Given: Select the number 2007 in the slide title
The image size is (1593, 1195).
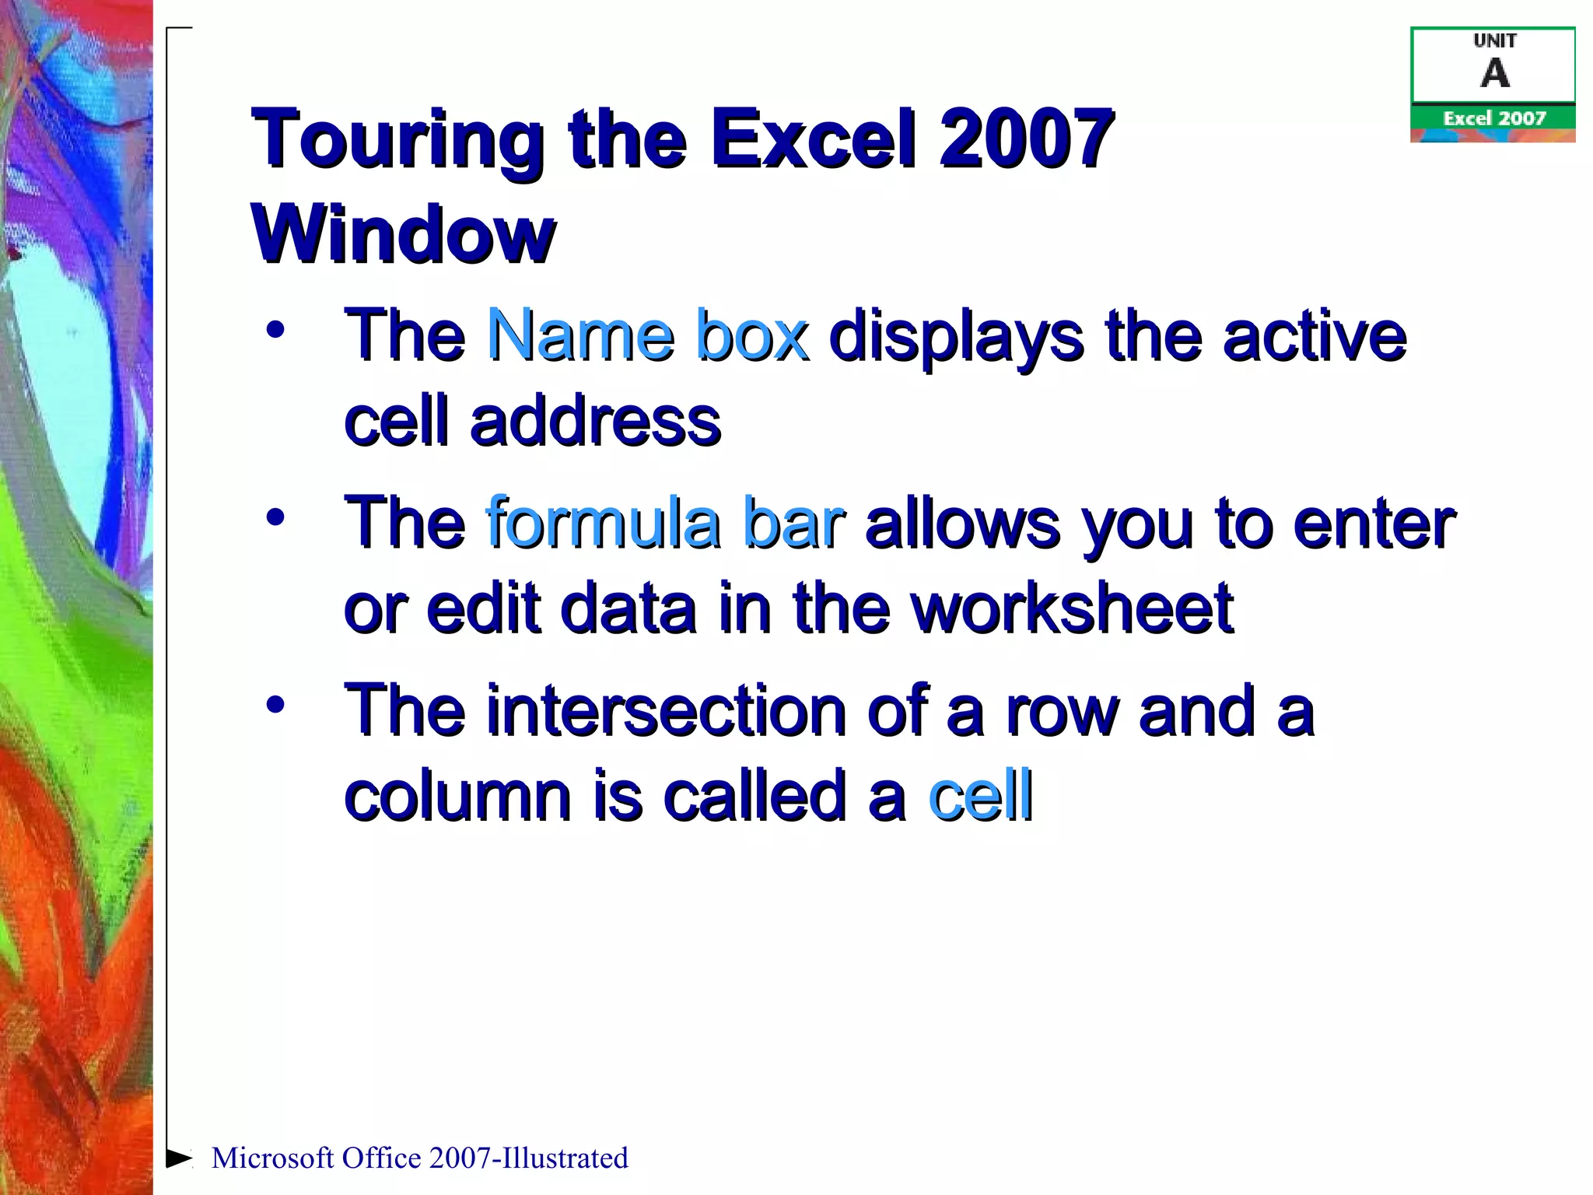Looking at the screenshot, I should pyautogui.click(x=1027, y=138).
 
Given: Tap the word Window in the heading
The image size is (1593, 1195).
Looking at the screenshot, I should pyautogui.click(x=403, y=233).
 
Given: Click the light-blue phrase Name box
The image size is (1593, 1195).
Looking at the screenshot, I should pyautogui.click(x=647, y=336).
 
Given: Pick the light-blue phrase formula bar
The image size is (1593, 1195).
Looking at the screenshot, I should pyautogui.click(x=665, y=523).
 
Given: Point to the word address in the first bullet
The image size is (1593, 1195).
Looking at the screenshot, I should pyautogui.click(x=595, y=422).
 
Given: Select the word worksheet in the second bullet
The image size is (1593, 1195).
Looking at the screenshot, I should pyautogui.click(x=1072, y=608).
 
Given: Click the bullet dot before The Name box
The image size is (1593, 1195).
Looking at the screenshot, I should pyautogui.click(x=275, y=330).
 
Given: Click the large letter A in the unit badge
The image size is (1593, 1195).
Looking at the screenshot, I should pyautogui.click(x=1494, y=74).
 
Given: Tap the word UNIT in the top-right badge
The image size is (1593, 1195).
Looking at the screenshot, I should pyautogui.click(x=1494, y=40).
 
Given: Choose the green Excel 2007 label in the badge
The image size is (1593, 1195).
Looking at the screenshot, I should pyautogui.click(x=1494, y=118).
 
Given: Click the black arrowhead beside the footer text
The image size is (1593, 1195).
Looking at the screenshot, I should pyautogui.click(x=179, y=1158).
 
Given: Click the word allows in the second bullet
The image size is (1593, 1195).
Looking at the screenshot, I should pyautogui.click(x=962, y=523).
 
